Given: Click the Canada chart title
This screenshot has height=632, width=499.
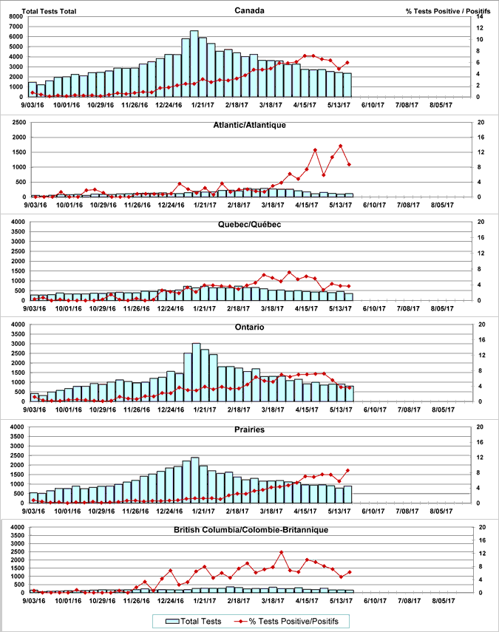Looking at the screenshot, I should pyautogui.click(x=251, y=10).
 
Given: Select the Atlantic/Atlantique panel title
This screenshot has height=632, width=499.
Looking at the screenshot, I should pyautogui.click(x=250, y=126).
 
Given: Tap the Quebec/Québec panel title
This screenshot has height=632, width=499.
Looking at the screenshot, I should pyautogui.click(x=250, y=225).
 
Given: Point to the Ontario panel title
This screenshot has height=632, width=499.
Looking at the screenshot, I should pyautogui.click(x=250, y=327).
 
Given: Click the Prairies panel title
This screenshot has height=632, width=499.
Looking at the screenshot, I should pyautogui.click(x=250, y=429).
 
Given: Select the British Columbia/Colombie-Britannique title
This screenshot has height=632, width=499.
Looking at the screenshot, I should pyautogui.click(x=250, y=530).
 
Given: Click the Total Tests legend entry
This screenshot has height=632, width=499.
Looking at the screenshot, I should pyautogui.click(x=195, y=622).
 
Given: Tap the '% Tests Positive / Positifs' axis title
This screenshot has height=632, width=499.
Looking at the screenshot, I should pyautogui.click(x=448, y=11).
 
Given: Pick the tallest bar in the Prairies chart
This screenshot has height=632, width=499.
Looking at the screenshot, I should pyautogui.click(x=194, y=480).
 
